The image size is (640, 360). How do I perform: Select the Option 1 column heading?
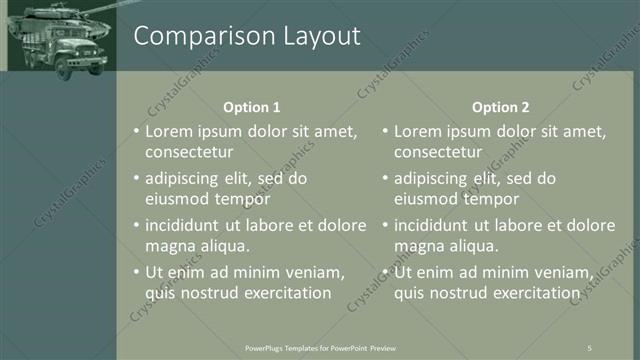251,107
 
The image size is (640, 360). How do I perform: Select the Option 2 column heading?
500,107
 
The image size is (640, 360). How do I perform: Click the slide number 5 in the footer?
589,347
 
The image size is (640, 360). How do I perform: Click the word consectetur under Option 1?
189,153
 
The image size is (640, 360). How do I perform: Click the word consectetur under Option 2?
438,153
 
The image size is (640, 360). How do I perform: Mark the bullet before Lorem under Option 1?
136,131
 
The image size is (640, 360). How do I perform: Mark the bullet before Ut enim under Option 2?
385,272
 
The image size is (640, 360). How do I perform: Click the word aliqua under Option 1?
221,246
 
